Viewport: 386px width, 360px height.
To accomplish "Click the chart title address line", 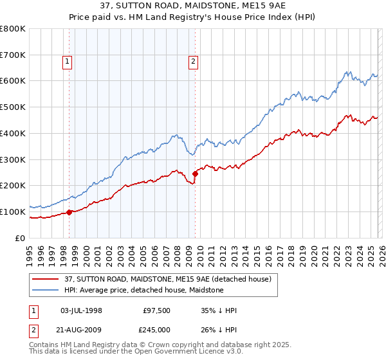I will [x=192, y=6].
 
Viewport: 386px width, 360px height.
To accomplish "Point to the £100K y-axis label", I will [x=13, y=212].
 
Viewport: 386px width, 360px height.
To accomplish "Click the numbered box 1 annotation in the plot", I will [x=68, y=62].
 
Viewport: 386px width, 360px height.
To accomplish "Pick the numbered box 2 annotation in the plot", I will [x=193, y=62].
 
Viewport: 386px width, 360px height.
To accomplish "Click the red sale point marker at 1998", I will [x=69, y=212].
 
